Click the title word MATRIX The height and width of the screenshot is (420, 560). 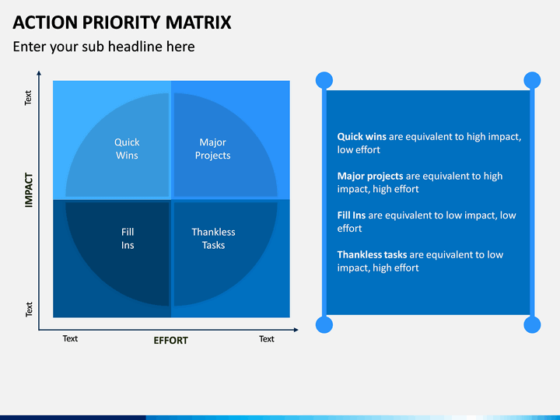(x=198, y=23)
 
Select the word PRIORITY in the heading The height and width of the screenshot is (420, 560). (x=122, y=23)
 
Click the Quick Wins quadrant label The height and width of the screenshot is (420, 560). (x=127, y=149)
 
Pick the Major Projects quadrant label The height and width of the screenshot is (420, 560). (x=212, y=149)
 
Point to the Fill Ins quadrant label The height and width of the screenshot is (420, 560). (x=128, y=239)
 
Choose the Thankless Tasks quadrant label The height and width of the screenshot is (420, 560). (x=213, y=239)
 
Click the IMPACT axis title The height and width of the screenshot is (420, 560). (x=29, y=190)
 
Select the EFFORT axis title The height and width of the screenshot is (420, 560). (x=170, y=341)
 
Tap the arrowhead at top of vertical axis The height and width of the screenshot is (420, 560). (x=39, y=73)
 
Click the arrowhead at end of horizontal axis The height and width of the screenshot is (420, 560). (x=296, y=330)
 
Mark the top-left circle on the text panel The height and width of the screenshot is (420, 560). (x=324, y=80)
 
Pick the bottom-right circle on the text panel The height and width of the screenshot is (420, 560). (x=532, y=324)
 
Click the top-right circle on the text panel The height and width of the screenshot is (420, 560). (x=532, y=80)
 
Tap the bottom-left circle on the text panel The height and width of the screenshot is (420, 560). (x=324, y=324)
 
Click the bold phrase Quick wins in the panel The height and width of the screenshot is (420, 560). (x=362, y=136)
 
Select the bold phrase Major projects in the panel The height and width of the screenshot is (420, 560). (x=370, y=176)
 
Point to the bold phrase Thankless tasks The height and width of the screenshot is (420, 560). (x=372, y=254)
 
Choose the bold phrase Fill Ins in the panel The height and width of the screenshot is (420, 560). (x=352, y=215)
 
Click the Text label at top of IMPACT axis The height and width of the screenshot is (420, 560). (x=28, y=98)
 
